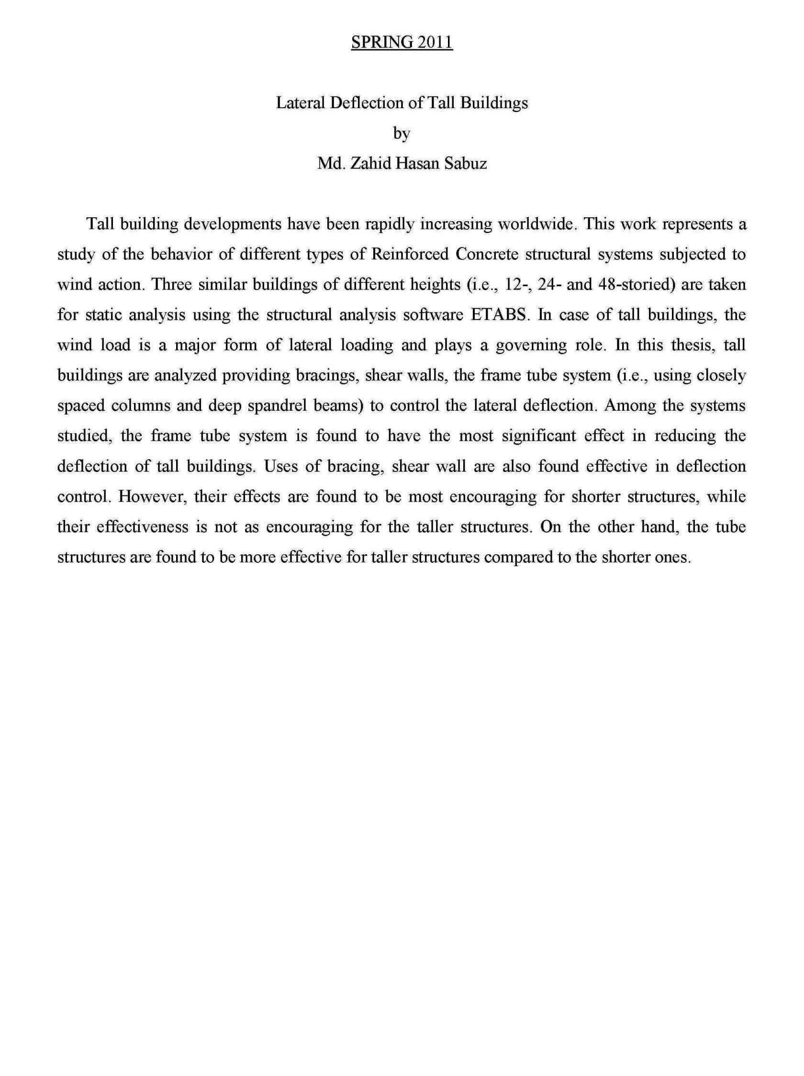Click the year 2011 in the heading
tap(435, 43)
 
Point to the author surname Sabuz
tap(466, 163)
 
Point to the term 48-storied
tap(636, 284)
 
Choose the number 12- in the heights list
tap(516, 284)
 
